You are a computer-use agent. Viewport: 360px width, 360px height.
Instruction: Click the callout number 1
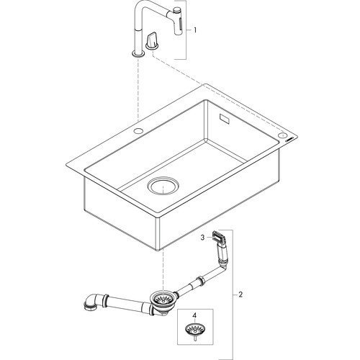(x=195, y=30)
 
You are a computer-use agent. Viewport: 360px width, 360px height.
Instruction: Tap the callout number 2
(x=240, y=294)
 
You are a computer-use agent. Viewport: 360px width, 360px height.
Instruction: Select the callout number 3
(x=202, y=238)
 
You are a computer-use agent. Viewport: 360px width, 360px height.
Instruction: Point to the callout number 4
(x=195, y=315)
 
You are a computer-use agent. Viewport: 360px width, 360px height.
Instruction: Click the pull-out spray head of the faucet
(x=178, y=22)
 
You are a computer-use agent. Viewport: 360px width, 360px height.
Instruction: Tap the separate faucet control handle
(x=151, y=41)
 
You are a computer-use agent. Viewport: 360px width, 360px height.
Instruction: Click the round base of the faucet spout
(x=138, y=53)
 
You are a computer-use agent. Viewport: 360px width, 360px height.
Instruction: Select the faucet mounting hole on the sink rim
(x=138, y=131)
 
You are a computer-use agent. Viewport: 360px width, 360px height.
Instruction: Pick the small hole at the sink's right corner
(x=282, y=135)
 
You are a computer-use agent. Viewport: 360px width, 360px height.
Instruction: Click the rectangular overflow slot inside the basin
(x=225, y=119)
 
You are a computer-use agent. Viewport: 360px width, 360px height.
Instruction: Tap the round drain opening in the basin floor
(x=163, y=186)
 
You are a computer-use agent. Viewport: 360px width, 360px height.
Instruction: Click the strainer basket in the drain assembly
(x=162, y=298)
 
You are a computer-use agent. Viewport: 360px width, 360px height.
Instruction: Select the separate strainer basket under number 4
(x=194, y=329)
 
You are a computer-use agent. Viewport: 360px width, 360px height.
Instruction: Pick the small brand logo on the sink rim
(x=289, y=140)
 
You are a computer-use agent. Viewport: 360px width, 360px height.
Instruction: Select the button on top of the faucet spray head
(x=177, y=9)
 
